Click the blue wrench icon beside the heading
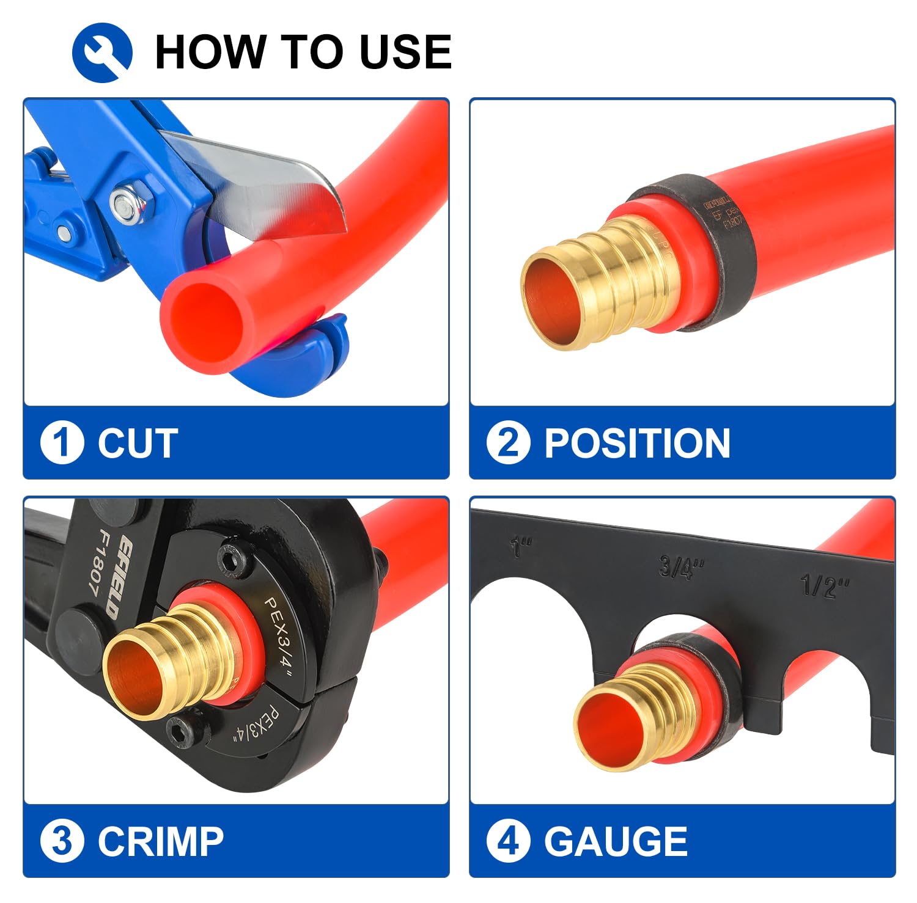coord(102,53)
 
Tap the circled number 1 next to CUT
coord(62,442)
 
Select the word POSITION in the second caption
coord(637,443)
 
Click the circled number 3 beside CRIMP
coord(62,841)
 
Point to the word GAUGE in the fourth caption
coord(616,841)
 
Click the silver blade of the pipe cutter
coord(269,183)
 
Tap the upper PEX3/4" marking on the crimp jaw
coord(279,635)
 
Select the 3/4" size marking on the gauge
coord(681,566)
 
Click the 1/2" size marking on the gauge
coord(825,586)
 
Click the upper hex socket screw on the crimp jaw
coord(235,557)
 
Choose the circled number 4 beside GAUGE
coord(508,841)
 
